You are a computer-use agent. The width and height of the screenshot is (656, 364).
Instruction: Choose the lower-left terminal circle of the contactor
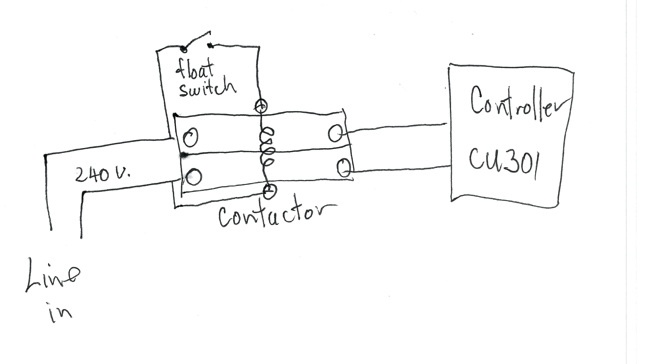194,177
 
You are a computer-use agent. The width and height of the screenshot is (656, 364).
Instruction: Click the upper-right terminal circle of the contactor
335,133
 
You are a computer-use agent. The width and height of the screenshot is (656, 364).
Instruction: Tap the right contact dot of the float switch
210,46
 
